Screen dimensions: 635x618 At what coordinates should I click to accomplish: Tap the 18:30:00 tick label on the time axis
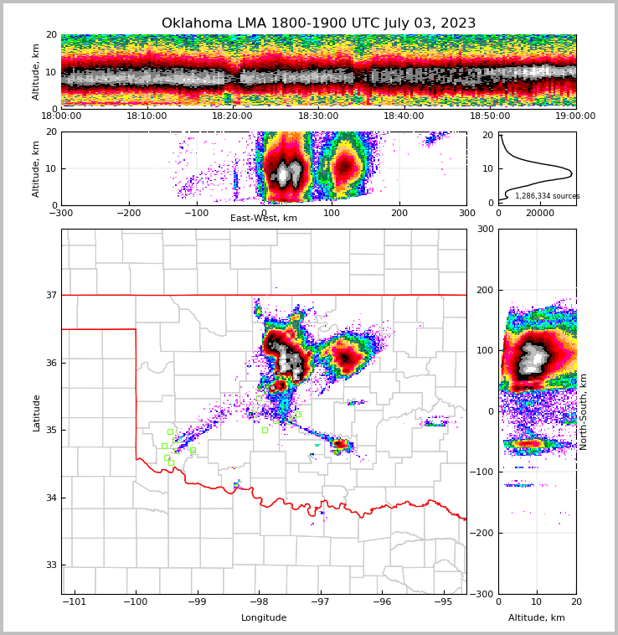pos(318,116)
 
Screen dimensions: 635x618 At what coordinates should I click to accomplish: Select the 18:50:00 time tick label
pos(490,116)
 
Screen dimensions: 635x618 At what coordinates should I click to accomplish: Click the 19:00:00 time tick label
pos(575,116)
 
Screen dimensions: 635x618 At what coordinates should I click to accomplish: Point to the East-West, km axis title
pos(264,219)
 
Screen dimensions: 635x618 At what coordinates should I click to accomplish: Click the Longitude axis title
pos(264,618)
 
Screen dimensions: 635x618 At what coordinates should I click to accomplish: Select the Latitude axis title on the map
pos(37,412)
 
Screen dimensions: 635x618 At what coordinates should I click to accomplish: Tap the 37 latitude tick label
pos(51,295)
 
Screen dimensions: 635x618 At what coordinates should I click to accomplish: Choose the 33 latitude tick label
pos(51,565)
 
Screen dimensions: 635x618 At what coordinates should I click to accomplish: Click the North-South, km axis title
pos(584,412)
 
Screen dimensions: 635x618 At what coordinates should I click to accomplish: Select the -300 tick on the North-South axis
pos(600,594)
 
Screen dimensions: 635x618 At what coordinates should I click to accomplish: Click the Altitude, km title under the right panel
pos(537,618)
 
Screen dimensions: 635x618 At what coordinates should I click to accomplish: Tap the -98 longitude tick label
pos(259,602)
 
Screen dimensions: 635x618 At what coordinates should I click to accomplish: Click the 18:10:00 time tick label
pos(147,116)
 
